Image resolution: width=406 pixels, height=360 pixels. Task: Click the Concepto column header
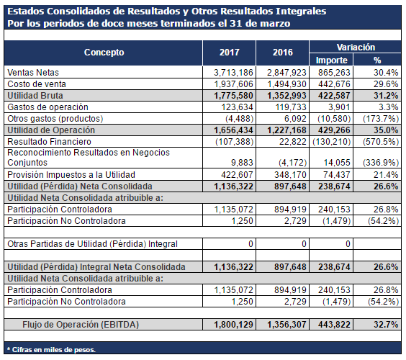[x=104, y=53]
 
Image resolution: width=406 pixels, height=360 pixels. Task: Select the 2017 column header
[x=230, y=53]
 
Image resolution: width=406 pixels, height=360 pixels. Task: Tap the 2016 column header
[x=283, y=53]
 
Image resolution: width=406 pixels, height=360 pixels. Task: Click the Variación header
[x=356, y=47]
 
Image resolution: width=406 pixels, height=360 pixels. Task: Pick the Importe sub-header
[x=331, y=60]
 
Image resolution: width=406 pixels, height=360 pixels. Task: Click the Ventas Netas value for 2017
[x=233, y=73]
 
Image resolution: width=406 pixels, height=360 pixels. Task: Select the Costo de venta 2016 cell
[x=287, y=84]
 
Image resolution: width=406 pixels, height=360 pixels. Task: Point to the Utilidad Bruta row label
[x=35, y=96]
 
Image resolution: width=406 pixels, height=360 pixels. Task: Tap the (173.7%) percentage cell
[x=381, y=119]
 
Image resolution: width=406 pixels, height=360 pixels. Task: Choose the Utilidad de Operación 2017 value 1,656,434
[x=233, y=130]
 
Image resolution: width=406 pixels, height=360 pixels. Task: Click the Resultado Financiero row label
[x=49, y=142]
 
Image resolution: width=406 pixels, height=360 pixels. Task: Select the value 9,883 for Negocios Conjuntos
[x=242, y=163]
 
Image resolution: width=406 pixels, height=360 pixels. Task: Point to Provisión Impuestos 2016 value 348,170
[x=290, y=175]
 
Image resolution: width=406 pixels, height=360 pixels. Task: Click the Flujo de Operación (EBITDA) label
[x=81, y=325]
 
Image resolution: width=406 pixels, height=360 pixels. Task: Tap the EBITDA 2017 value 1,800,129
[x=233, y=325]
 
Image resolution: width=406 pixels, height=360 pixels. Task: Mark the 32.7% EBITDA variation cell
[x=386, y=325]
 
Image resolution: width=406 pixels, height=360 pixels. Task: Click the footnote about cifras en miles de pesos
[x=51, y=350]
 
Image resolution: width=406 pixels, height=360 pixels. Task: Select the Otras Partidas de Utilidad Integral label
[x=92, y=244]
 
